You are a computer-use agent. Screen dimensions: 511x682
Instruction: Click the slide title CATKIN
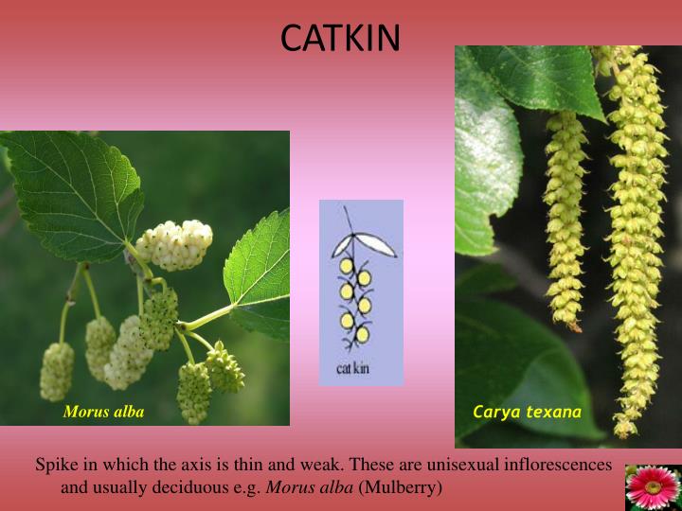(341, 39)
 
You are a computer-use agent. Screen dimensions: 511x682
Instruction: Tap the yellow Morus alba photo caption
(103, 412)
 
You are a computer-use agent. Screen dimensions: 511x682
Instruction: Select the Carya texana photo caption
(527, 412)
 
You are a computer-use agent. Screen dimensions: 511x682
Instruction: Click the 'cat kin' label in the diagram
(352, 367)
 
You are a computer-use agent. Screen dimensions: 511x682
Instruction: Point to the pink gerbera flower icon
(653, 487)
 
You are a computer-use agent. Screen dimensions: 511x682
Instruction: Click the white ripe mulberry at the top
(176, 244)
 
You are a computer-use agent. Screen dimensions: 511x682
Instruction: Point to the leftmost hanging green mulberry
(57, 371)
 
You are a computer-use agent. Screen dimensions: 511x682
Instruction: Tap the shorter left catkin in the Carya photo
(566, 218)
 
